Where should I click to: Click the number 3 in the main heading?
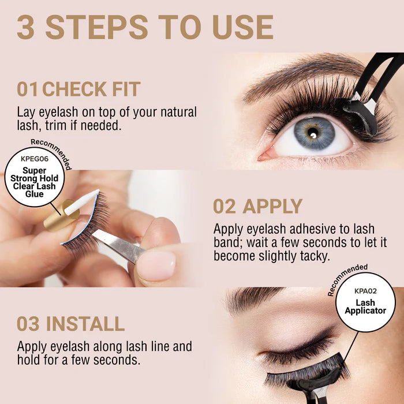click(26, 27)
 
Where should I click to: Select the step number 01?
click(27, 89)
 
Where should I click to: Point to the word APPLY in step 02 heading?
click(272, 206)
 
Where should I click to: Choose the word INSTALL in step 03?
click(85, 324)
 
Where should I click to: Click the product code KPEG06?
click(35, 159)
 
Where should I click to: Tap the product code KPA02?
click(365, 291)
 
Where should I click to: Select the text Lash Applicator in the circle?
click(365, 306)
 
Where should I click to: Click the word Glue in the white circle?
click(34, 194)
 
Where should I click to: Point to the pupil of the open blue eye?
click(313, 133)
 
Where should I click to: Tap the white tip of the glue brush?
click(82, 202)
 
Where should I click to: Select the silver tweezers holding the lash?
click(118, 245)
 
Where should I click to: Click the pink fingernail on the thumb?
click(156, 266)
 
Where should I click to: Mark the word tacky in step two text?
click(315, 256)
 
